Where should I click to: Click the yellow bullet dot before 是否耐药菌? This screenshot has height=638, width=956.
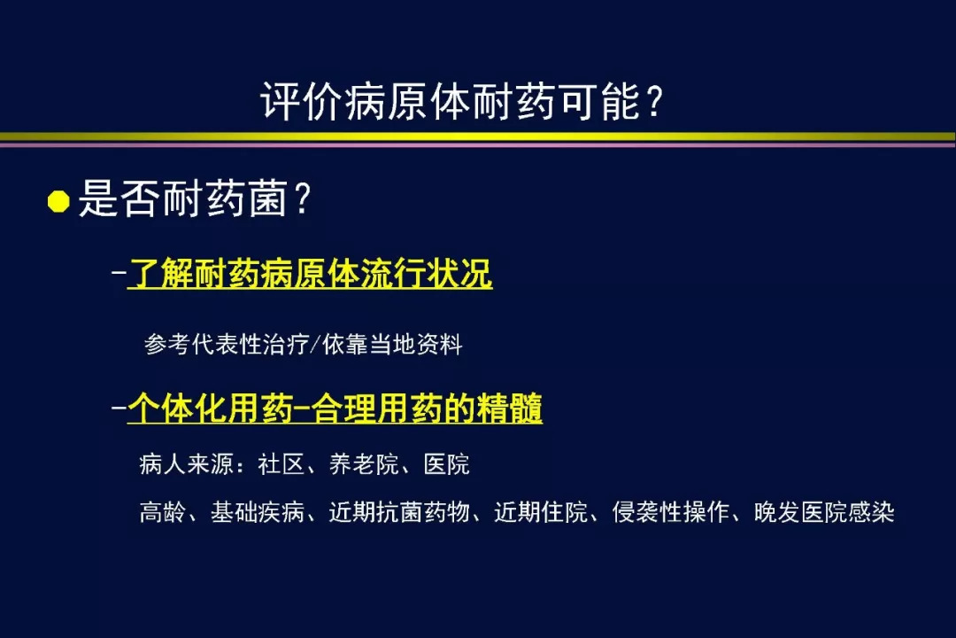(x=58, y=201)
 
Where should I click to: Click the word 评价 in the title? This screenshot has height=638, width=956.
(x=303, y=101)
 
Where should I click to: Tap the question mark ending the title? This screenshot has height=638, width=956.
(x=655, y=101)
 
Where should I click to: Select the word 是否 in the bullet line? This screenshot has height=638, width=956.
(x=120, y=198)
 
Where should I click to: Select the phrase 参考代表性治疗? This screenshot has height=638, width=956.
(x=227, y=345)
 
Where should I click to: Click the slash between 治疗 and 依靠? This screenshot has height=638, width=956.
(x=315, y=345)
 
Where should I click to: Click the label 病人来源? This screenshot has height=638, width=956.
(x=187, y=464)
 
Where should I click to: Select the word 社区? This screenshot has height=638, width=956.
(x=281, y=464)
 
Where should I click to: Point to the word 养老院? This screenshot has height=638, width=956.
(x=364, y=464)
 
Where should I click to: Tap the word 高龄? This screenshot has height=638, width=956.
(x=163, y=512)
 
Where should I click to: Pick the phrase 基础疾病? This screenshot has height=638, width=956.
(x=258, y=512)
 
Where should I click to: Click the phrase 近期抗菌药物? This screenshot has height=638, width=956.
(x=399, y=512)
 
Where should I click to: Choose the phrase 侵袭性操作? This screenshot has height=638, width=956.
(x=671, y=512)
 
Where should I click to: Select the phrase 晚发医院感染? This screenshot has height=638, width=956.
(x=824, y=512)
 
